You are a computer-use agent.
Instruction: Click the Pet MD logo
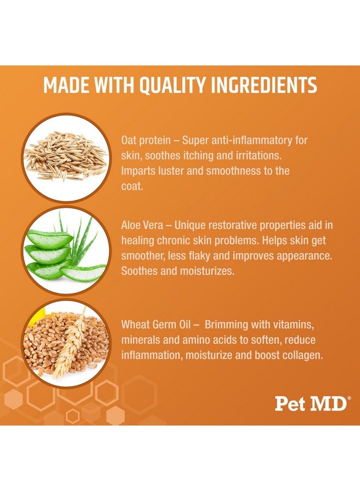click(311, 404)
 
